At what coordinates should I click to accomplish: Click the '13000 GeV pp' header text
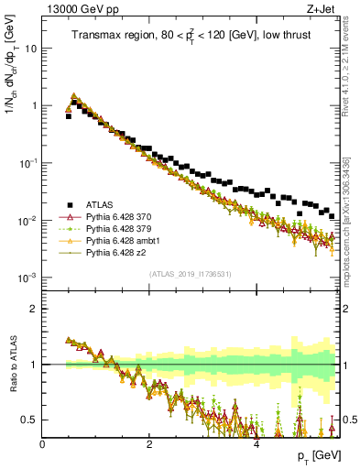coord(77,7)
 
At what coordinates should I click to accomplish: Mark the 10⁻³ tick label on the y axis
coord(28,278)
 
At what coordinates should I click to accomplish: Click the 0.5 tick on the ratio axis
coord(29,420)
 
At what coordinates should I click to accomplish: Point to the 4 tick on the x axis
coord(256,444)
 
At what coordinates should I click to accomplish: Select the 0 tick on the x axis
coord(42,444)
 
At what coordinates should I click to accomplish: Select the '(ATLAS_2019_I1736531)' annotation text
coord(190,275)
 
